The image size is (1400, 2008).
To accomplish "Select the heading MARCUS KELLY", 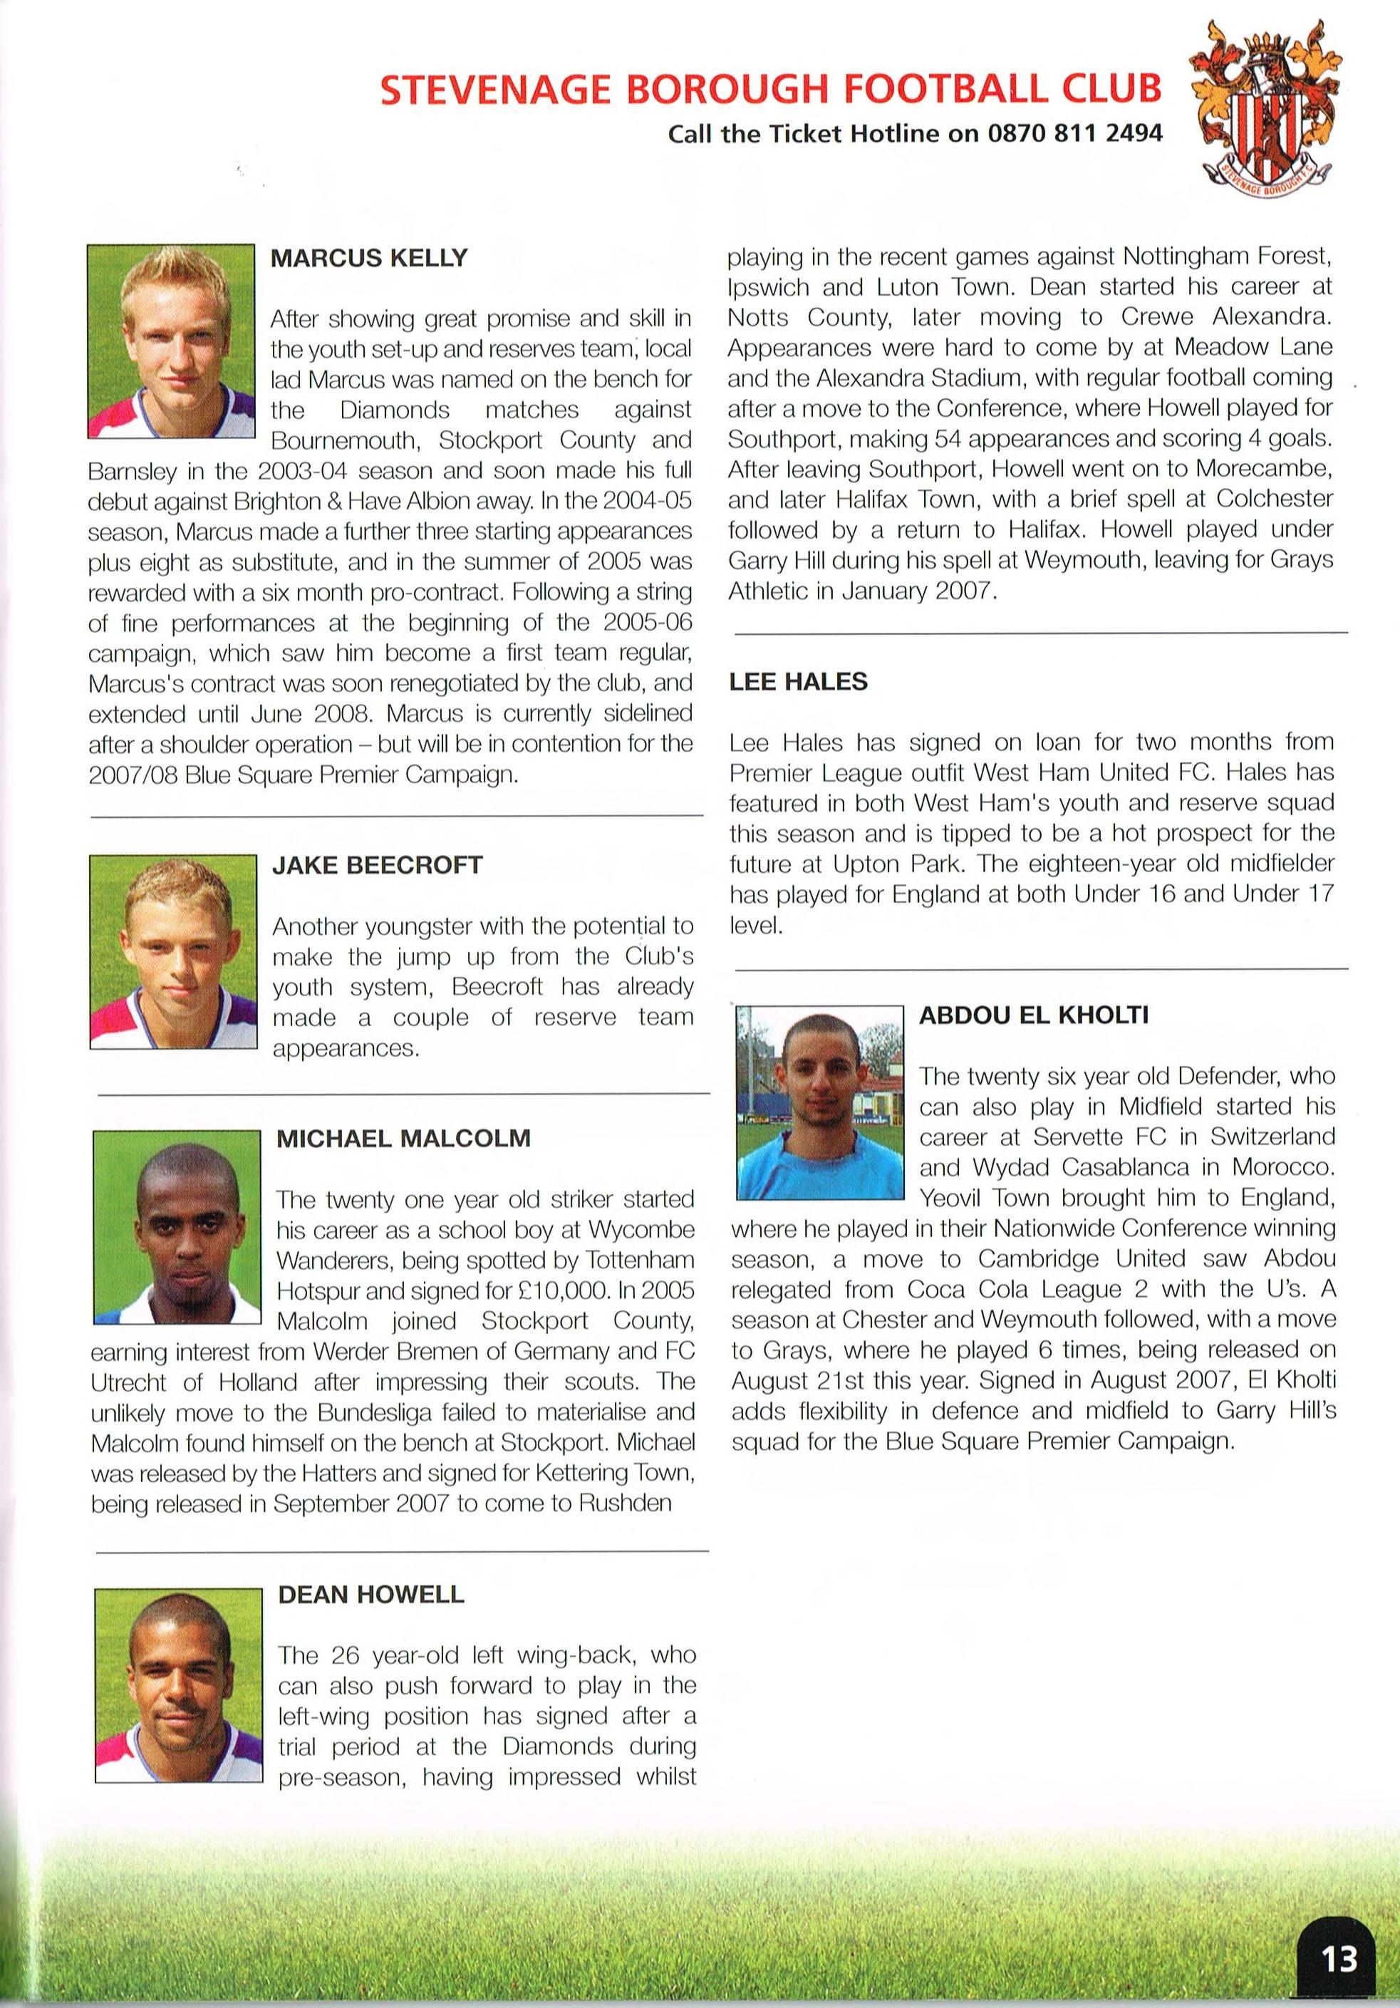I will click(369, 258).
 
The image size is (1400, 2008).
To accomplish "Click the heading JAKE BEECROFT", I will click(377, 865).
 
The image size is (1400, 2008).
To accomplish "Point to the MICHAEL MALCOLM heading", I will click(403, 1139).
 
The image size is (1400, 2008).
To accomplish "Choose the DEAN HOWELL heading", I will click(370, 1594).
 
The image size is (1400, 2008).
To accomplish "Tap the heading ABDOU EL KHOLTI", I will click(1034, 1015).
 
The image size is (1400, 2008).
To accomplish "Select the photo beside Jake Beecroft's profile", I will click(173, 951).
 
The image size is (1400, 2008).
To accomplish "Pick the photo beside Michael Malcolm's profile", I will click(177, 1227).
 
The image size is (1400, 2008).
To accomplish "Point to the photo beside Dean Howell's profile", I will click(177, 1685).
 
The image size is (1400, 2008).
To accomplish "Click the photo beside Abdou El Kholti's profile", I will click(819, 1102).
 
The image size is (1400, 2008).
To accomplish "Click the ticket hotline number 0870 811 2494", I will click(1076, 134).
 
